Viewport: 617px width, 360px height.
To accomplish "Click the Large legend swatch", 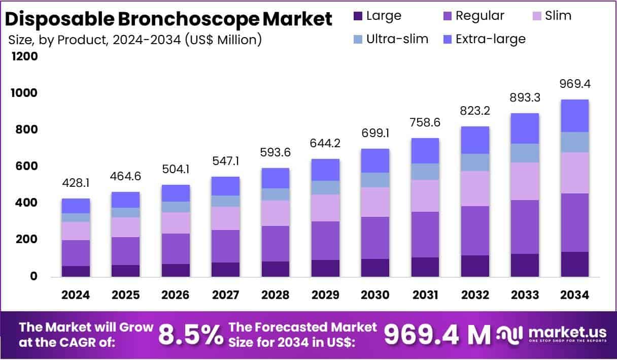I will pos(357,16).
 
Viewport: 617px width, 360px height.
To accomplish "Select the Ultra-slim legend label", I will pos(397,39).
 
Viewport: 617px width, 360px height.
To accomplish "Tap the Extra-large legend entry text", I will pos(490,39).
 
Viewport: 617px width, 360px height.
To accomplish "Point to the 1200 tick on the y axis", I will pos(24,56).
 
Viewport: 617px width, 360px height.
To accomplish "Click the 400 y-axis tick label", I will pos(24,203).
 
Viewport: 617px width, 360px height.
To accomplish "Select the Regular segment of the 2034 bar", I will pos(574,222).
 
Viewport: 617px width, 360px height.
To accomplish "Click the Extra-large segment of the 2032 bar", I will pos(475,140).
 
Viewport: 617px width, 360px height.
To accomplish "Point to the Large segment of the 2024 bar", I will pos(76,271).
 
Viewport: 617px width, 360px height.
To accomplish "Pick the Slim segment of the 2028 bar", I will pos(276,213).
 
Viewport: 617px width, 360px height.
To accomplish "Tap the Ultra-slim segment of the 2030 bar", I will pos(375,180).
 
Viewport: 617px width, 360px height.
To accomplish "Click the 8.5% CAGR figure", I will pos(191,334).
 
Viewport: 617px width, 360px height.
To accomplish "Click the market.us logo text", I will pos(567,332).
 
